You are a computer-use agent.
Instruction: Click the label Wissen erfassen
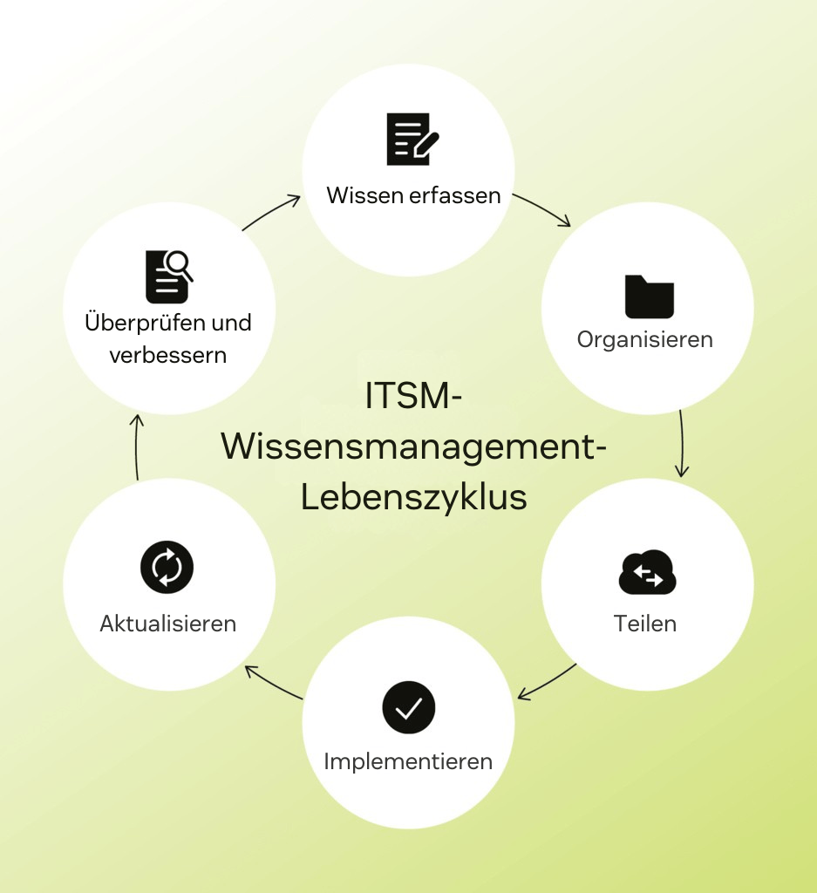click(413, 194)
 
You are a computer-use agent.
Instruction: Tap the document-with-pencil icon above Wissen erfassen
click(412, 139)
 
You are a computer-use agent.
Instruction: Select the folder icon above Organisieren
click(650, 297)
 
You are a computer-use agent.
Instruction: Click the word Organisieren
click(645, 339)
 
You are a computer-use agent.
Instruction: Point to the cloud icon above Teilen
click(648, 573)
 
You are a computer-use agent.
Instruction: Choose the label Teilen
click(645, 624)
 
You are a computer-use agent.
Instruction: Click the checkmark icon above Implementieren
click(408, 708)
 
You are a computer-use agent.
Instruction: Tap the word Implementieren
click(408, 761)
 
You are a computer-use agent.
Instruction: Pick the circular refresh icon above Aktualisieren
click(167, 569)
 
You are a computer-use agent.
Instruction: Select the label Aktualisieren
click(168, 624)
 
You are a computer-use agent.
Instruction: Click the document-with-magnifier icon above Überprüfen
click(168, 276)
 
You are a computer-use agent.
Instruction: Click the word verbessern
click(168, 355)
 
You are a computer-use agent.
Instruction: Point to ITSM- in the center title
click(413, 397)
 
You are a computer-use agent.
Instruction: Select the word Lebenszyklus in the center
click(413, 498)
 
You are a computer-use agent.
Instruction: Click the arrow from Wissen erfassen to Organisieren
click(542, 209)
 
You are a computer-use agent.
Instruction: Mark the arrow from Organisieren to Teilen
click(681, 445)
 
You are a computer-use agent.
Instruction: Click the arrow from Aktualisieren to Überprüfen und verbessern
click(137, 446)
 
